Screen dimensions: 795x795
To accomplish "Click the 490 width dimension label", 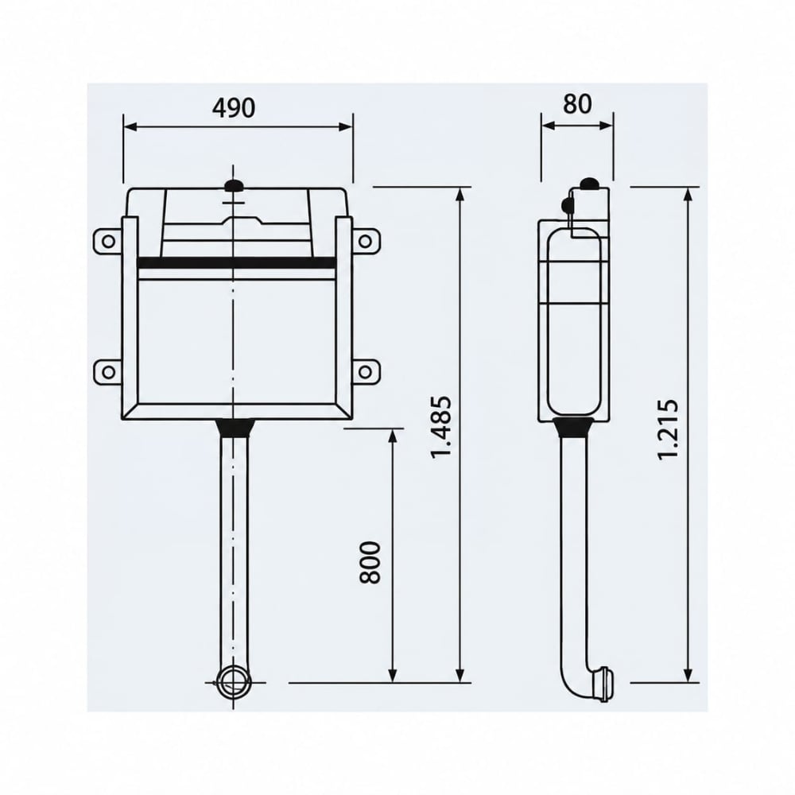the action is coord(234,108).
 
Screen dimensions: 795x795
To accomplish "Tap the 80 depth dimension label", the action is coord(577,103).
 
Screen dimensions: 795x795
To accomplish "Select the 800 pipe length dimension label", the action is coord(370,563).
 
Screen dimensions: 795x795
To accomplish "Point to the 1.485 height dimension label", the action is coord(440,428).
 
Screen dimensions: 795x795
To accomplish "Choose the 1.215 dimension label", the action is coord(667,429).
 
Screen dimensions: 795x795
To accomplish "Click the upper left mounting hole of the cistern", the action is coord(108,241).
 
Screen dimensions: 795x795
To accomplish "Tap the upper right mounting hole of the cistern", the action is coord(365,241).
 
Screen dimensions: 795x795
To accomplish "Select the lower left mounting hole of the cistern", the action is coord(108,372).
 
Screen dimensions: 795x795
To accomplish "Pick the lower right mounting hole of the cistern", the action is coord(365,372).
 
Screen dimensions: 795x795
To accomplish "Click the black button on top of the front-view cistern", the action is coord(233,186).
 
